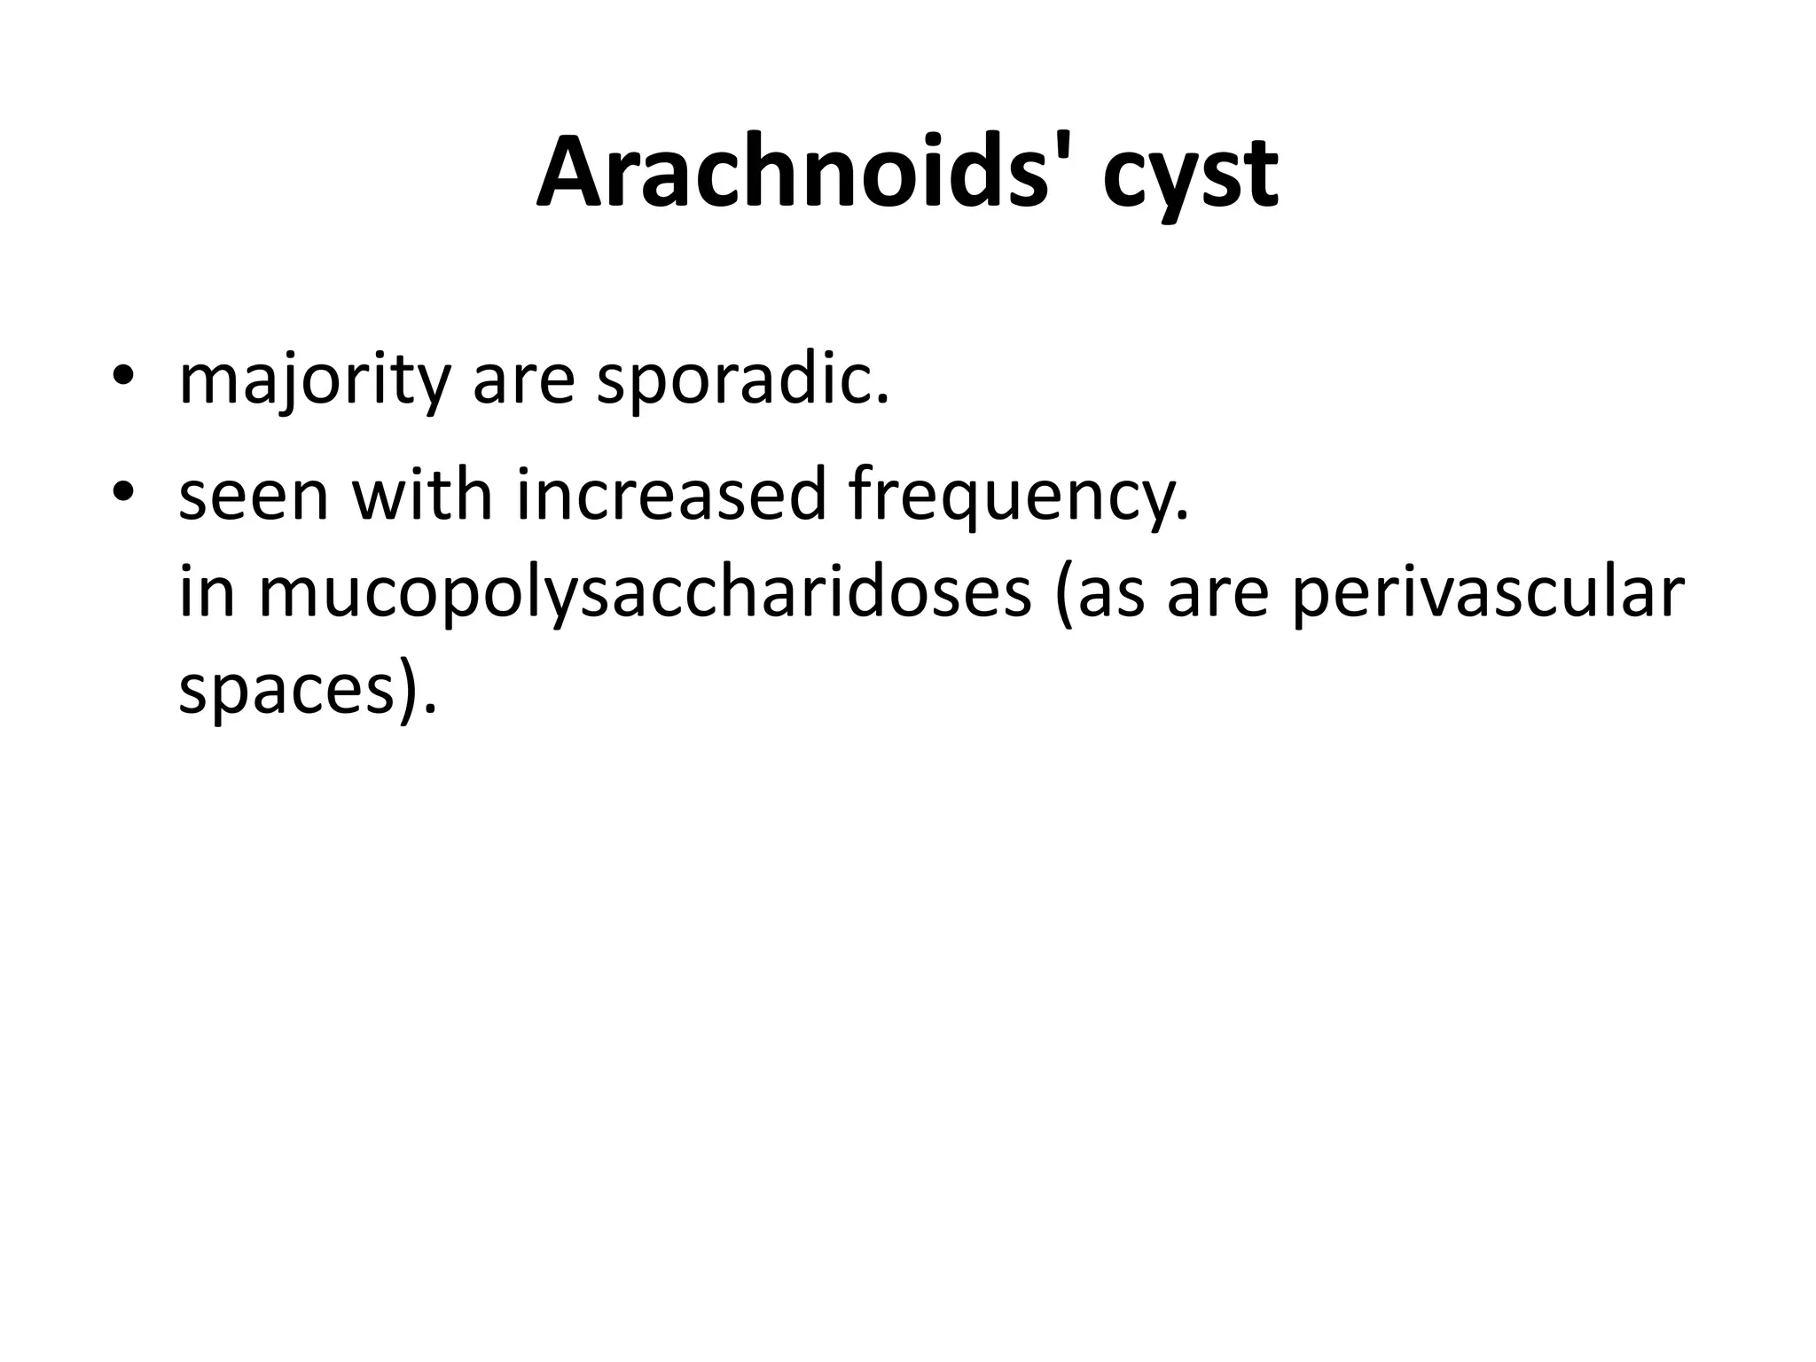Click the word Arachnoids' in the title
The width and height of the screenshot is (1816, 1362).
point(802,172)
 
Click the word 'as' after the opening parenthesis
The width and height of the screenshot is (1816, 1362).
point(1104,595)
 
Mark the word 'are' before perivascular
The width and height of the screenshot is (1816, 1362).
point(1218,595)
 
